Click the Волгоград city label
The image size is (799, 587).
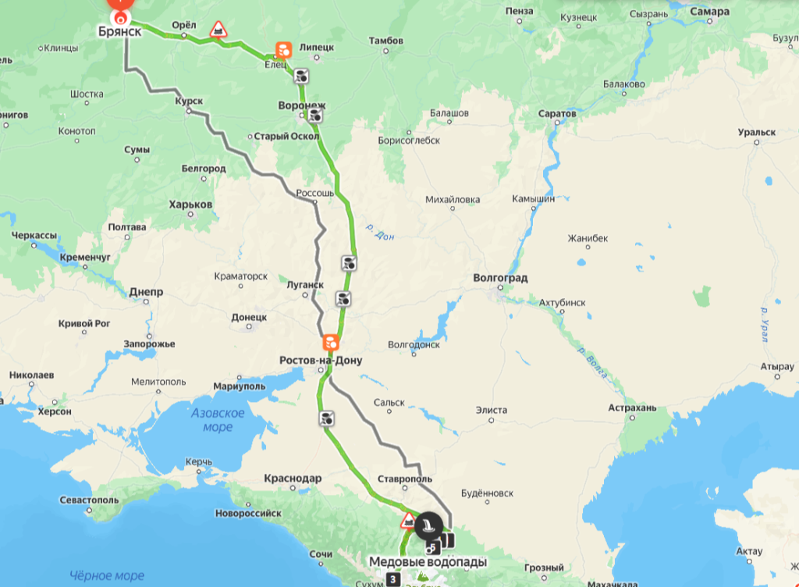point(501,278)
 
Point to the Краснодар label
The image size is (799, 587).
point(293,478)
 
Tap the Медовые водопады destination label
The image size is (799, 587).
point(428,562)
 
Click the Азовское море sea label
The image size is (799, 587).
point(218,420)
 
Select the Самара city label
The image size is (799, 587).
point(710,12)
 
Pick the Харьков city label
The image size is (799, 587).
point(190,205)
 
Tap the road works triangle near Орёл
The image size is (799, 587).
point(219,30)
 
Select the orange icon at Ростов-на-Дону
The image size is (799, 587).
point(331,342)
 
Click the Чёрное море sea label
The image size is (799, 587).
point(107,576)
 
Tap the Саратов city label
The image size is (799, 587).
point(557,114)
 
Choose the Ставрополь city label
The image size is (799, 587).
point(403,478)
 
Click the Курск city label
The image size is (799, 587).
point(190,101)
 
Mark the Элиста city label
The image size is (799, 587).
point(492,410)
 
